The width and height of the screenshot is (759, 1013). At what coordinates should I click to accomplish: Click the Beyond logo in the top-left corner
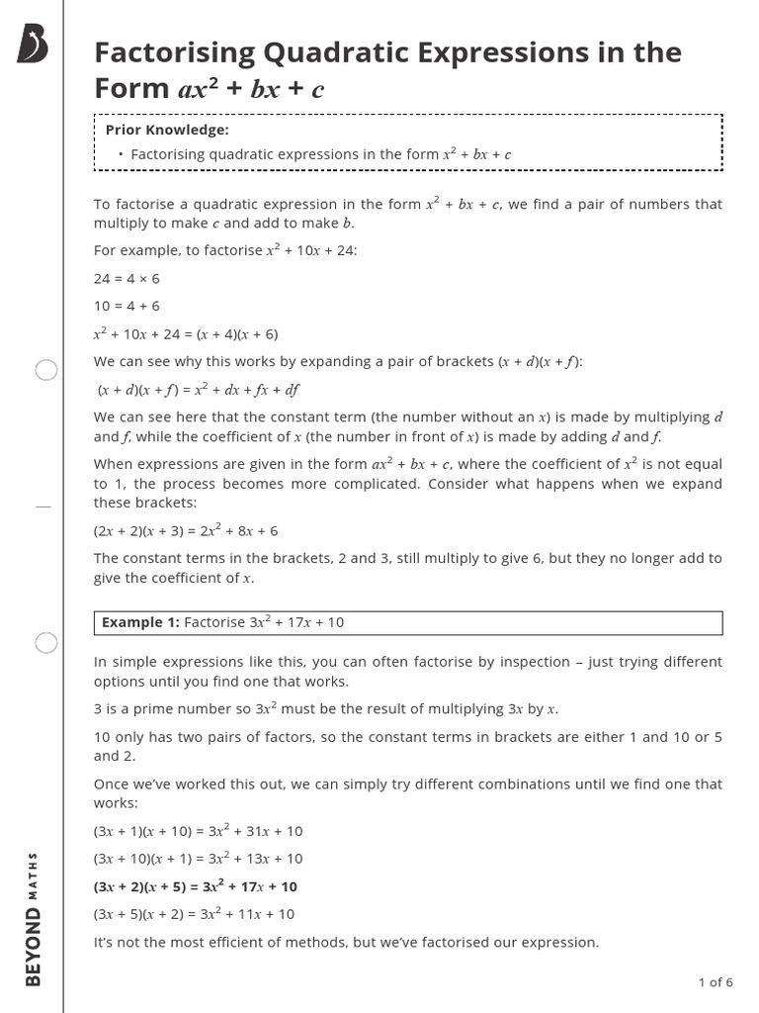click(33, 45)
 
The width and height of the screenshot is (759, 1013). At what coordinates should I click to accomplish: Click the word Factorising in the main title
click(174, 52)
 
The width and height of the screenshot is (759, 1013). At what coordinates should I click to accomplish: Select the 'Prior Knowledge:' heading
click(167, 130)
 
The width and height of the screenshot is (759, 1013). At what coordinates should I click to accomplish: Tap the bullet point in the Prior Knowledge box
click(120, 154)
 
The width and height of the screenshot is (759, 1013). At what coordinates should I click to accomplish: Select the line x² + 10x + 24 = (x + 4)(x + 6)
click(186, 333)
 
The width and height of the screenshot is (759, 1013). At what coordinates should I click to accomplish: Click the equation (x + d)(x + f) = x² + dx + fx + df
click(198, 389)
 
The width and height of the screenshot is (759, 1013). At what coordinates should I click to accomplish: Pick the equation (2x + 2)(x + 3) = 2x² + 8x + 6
click(186, 530)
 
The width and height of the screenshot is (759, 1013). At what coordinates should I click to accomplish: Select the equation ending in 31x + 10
click(198, 831)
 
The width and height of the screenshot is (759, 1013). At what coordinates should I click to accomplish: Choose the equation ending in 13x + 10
click(198, 859)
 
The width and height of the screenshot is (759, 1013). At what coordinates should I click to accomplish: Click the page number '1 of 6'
click(716, 982)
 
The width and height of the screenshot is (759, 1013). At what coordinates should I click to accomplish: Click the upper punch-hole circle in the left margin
click(46, 371)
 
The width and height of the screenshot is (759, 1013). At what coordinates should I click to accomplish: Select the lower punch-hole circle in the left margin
click(46, 643)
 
